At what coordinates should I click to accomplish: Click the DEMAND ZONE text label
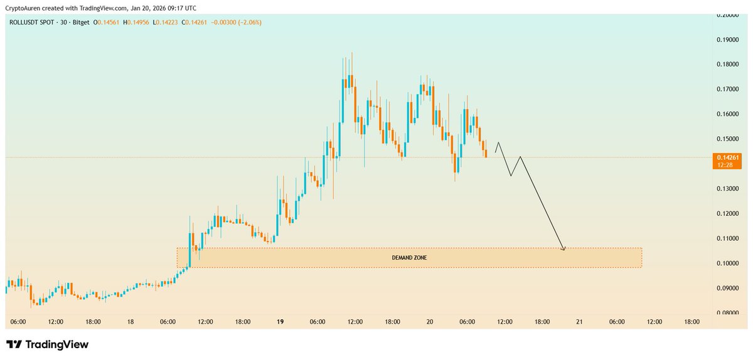tap(409, 258)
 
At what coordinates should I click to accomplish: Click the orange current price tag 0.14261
tap(725, 157)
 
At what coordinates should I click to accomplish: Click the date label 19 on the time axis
tap(280, 322)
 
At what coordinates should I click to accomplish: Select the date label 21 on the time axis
tap(579, 322)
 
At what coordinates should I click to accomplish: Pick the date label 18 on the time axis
tap(130, 322)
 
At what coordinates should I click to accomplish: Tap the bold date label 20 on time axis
tap(430, 322)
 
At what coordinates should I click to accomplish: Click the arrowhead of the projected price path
tap(563, 249)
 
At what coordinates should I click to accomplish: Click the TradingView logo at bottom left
tap(47, 344)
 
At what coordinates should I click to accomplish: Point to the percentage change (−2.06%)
tap(248, 22)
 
